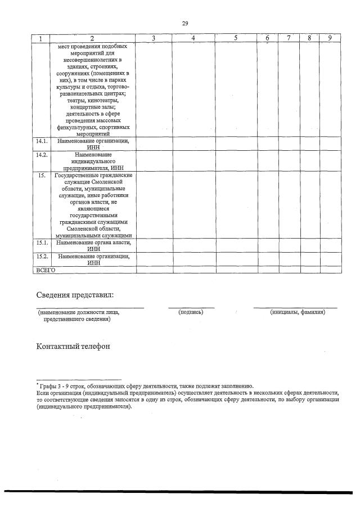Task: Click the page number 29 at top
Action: pyautogui.click(x=184, y=23)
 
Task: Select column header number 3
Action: pyautogui.click(x=154, y=38)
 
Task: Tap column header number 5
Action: pyautogui.click(x=236, y=38)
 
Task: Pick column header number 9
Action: pyautogui.click(x=330, y=38)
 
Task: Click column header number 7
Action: pyautogui.click(x=288, y=38)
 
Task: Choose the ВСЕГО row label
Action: pyautogui.click(x=46, y=270)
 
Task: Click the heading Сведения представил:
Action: pyautogui.click(x=75, y=295)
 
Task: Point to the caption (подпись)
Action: pyautogui.click(x=190, y=312)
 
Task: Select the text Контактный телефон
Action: pyautogui.click(x=73, y=346)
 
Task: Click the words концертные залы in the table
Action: pyautogui.click(x=93, y=107)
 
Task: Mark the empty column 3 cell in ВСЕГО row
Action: pyautogui.click(x=154, y=270)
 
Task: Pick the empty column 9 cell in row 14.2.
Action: pyautogui.click(x=330, y=160)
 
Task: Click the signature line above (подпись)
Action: pyautogui.click(x=191, y=307)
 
